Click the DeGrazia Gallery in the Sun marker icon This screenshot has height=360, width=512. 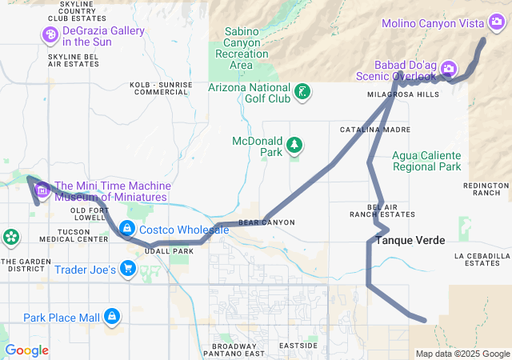point(50,34)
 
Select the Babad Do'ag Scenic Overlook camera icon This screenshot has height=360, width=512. point(449,69)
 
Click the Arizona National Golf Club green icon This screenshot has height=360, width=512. point(302,91)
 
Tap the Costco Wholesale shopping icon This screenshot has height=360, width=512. point(126,230)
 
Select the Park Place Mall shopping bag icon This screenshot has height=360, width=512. point(113,318)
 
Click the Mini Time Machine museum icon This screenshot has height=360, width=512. point(42,190)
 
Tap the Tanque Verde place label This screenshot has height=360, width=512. point(410,240)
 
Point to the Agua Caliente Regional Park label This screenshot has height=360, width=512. point(426,161)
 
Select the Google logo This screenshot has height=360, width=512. point(26,350)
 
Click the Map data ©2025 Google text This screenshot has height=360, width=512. point(462,354)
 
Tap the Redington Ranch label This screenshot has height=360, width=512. point(486,189)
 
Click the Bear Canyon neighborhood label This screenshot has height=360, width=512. point(266,222)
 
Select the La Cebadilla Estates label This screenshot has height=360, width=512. point(482,259)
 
